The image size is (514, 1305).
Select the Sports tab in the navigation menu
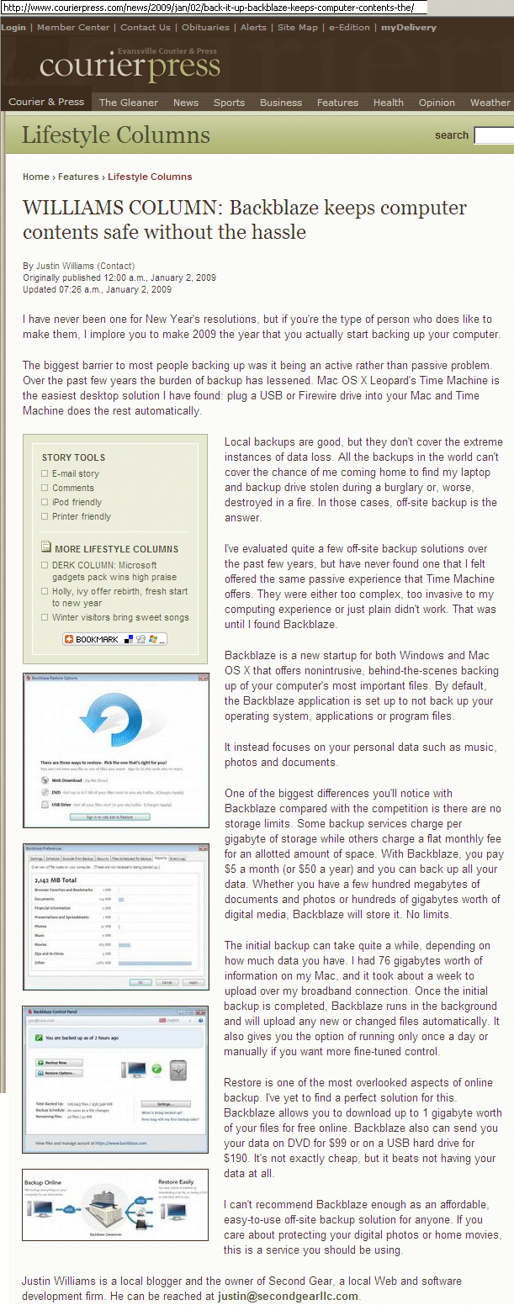click(229, 103)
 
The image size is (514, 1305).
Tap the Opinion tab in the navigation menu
click(437, 103)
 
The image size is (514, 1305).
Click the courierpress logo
click(129, 66)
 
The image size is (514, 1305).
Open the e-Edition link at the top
click(349, 27)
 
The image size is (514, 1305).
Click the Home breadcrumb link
click(36, 177)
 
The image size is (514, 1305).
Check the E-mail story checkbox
click(45, 473)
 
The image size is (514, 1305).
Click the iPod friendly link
click(77, 502)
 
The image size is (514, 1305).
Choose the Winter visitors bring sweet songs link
click(120, 617)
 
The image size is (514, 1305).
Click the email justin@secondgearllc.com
click(288, 1296)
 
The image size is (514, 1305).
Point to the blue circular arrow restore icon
click(114, 721)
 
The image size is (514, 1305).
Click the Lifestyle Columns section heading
click(115, 135)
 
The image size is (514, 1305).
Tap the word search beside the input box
click(451, 135)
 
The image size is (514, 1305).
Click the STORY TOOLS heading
click(73, 457)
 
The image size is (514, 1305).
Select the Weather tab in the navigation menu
click(490, 103)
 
